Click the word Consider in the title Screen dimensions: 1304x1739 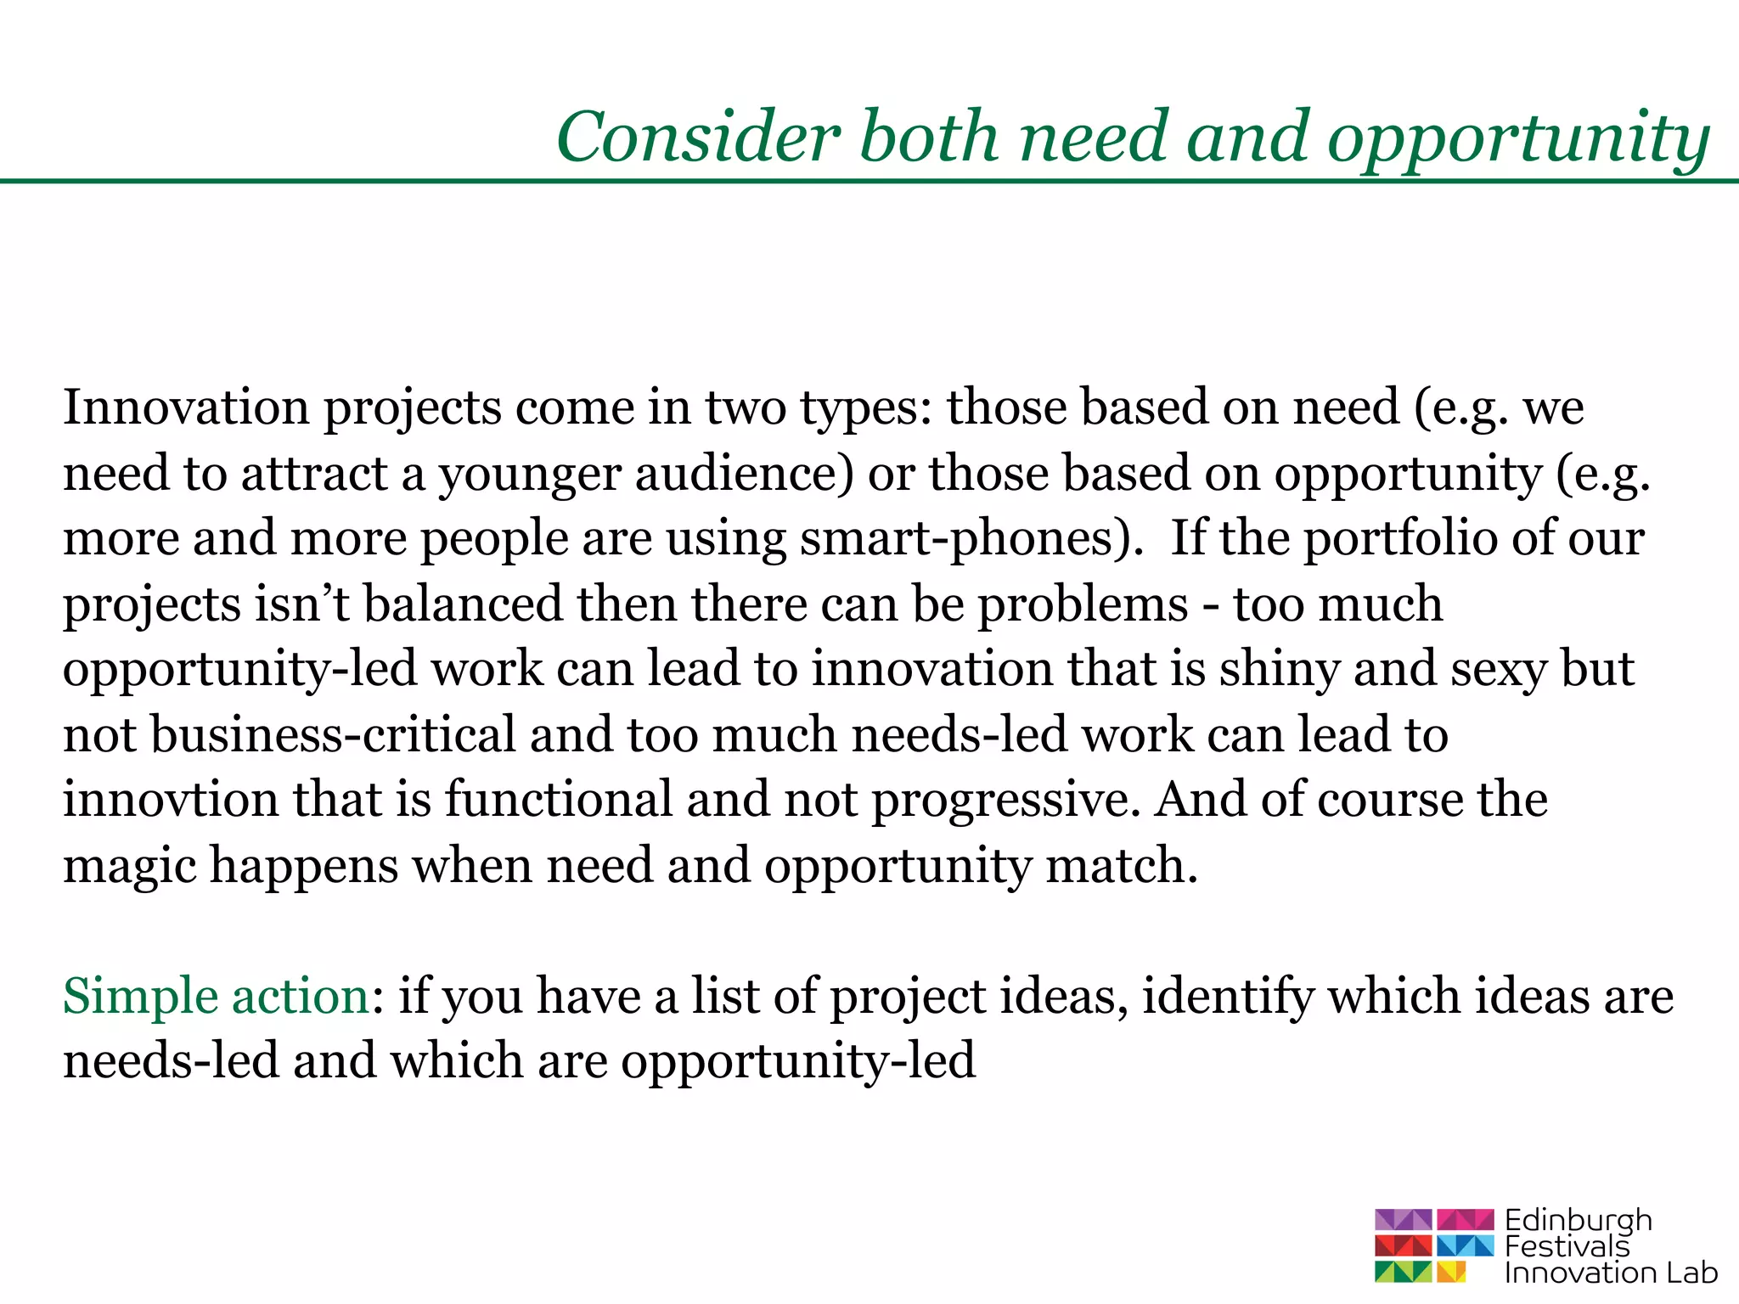click(x=698, y=138)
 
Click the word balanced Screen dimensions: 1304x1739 click(x=464, y=604)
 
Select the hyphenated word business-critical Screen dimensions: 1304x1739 click(x=334, y=735)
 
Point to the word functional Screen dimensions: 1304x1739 click(x=559, y=801)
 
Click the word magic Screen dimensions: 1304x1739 click(x=130, y=867)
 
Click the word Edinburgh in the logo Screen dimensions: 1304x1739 click(x=1579, y=1222)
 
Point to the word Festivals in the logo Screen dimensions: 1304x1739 click(x=1567, y=1246)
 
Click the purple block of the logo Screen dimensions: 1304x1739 click(x=1404, y=1220)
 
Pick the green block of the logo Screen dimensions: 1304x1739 click(x=1404, y=1272)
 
